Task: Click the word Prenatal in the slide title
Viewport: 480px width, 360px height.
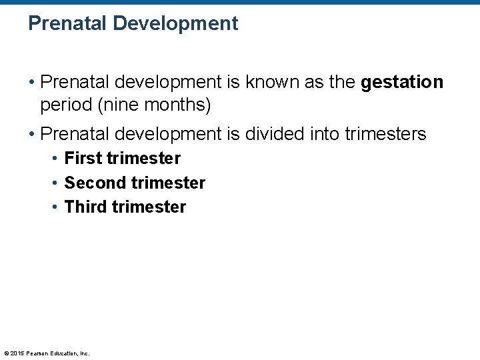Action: (x=67, y=24)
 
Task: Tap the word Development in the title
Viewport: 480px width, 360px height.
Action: (x=175, y=24)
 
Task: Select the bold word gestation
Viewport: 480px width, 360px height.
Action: (x=402, y=83)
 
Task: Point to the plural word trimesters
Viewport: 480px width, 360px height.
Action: (x=385, y=134)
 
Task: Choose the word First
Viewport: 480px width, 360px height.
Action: (x=83, y=159)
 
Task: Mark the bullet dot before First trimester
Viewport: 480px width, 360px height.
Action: (x=56, y=159)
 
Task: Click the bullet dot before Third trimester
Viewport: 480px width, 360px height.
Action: (x=56, y=207)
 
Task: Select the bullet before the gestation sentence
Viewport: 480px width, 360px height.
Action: (x=32, y=83)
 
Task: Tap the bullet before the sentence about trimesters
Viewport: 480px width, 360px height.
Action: (x=32, y=135)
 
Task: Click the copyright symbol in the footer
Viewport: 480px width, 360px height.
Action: (x=6, y=353)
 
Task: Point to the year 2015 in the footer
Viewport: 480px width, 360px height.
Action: (x=17, y=353)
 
